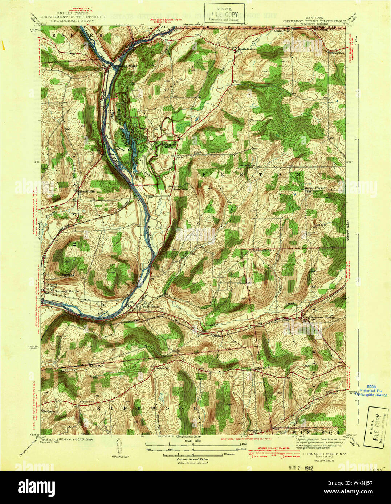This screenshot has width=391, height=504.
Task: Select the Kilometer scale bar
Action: pos(192,454)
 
